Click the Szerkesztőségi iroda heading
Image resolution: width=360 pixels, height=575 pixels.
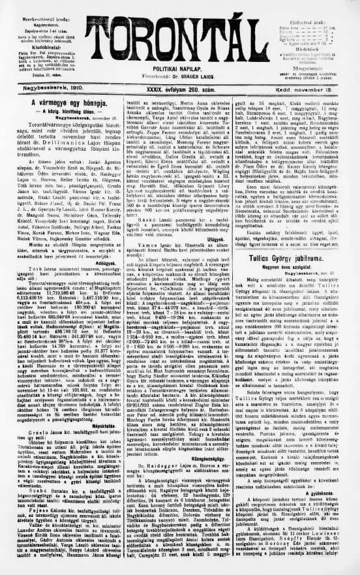[38, 6]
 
